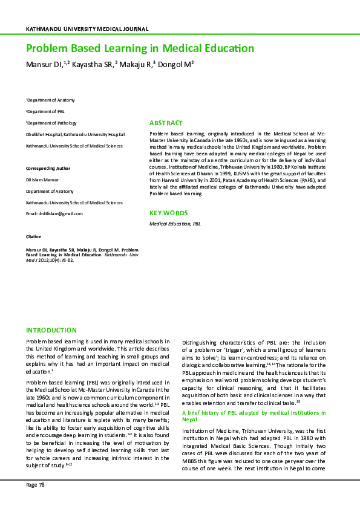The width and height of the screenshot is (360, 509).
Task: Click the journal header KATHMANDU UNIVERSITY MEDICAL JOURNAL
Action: (x=87, y=29)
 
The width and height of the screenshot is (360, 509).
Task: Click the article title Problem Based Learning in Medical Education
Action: (x=140, y=48)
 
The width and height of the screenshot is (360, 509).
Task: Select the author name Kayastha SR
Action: (x=91, y=65)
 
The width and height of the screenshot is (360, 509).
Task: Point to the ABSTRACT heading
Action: (x=166, y=123)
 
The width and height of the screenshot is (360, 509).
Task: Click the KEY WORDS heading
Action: (x=168, y=213)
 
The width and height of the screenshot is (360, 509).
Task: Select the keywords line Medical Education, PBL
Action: (x=175, y=224)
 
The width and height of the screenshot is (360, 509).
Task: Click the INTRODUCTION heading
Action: (x=51, y=330)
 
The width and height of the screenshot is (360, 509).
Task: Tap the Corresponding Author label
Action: (x=48, y=168)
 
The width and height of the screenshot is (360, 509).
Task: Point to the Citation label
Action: (x=33, y=236)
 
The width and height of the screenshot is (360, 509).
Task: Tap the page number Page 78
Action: (x=35, y=485)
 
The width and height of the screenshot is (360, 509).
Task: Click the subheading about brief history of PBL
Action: (x=254, y=415)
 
